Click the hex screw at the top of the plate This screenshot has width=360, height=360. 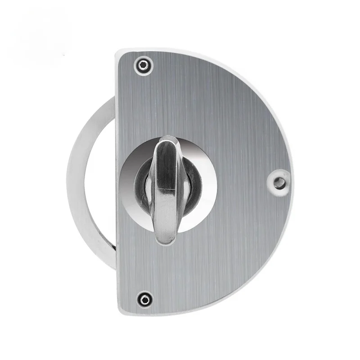[x=144, y=65]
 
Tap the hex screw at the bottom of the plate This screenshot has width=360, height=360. [x=144, y=298]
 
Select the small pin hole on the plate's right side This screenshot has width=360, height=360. [x=279, y=182]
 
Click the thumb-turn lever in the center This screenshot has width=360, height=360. [x=167, y=189]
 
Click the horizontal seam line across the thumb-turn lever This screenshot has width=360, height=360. [x=166, y=191]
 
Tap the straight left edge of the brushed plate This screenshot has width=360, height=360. [x=117, y=180]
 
